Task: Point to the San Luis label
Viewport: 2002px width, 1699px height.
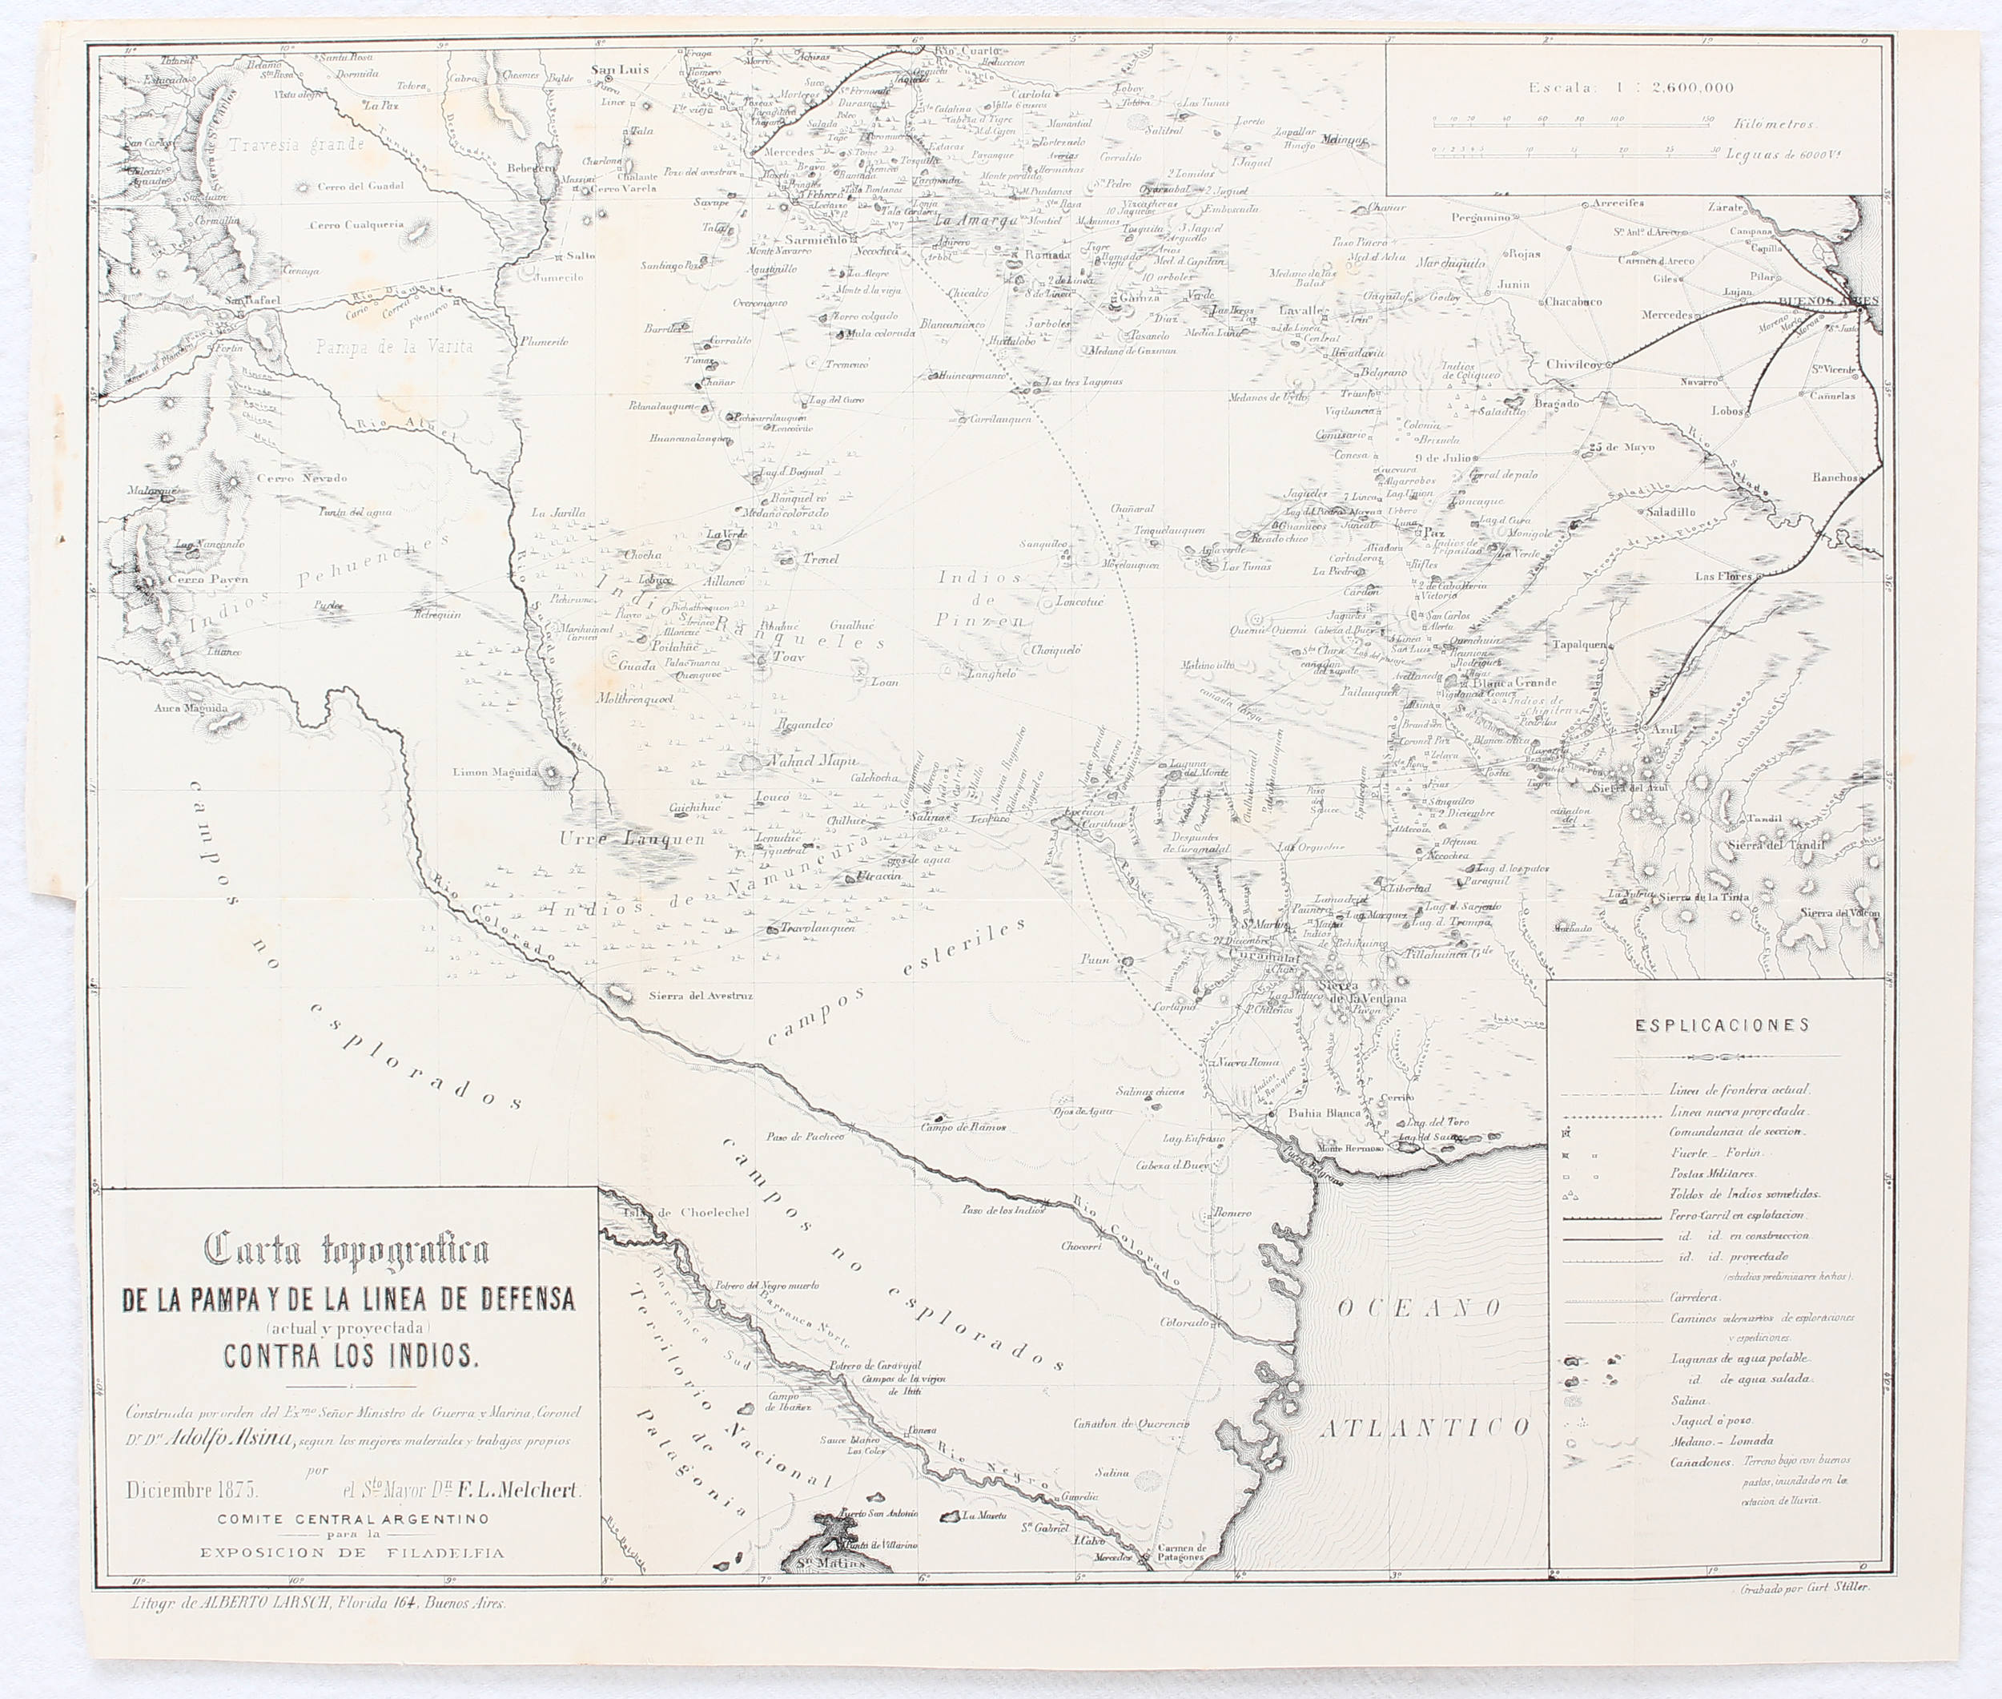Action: tap(620, 70)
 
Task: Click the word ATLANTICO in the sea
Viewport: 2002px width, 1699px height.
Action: tap(1424, 1428)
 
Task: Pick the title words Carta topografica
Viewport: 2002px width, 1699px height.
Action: tap(348, 1250)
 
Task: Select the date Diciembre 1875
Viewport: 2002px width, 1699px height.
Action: tap(191, 1490)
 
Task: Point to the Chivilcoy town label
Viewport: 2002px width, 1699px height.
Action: tap(1574, 365)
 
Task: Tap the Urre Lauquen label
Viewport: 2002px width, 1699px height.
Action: tap(632, 838)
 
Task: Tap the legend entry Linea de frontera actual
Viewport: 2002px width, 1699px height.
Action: tap(1739, 1090)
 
